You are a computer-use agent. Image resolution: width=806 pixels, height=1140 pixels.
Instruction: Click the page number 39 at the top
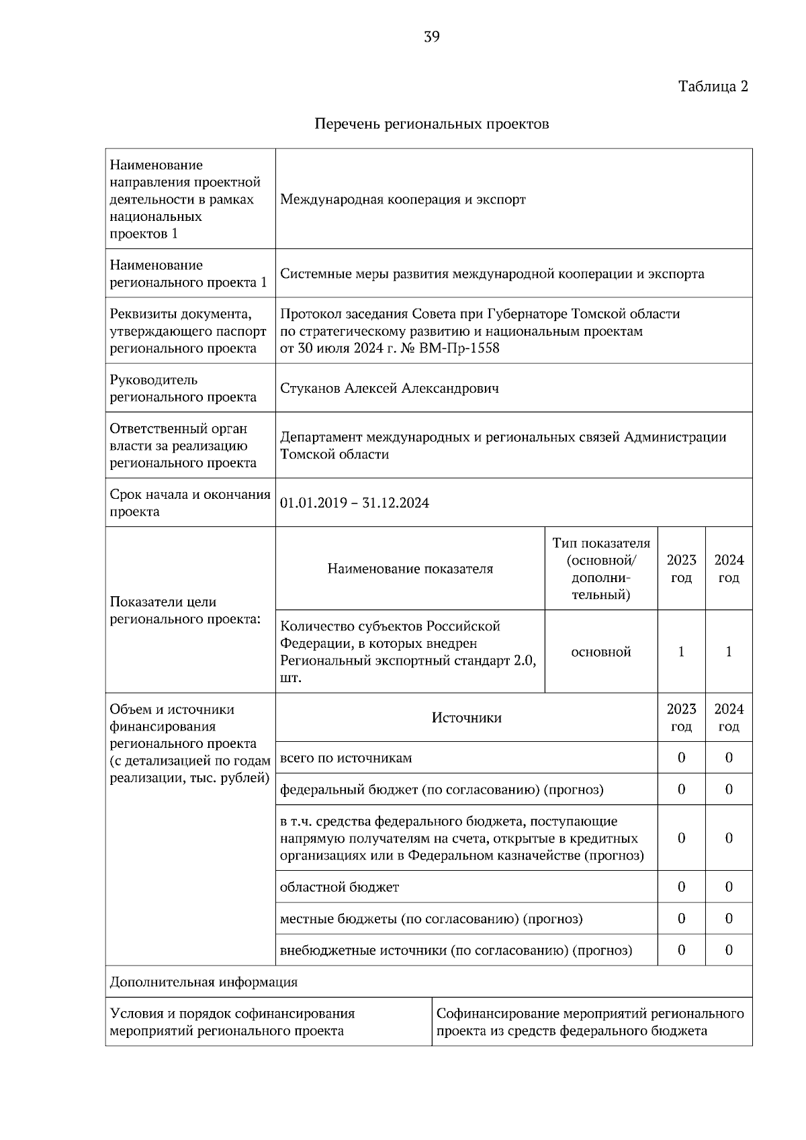(x=432, y=37)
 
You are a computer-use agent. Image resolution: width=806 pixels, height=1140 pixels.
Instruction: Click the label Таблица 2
(x=713, y=87)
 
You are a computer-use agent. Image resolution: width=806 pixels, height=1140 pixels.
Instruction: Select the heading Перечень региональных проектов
(x=432, y=124)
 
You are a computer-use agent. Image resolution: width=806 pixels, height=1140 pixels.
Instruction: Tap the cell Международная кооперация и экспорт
(x=403, y=199)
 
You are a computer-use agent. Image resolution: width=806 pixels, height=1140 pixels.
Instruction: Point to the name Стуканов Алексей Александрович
(x=390, y=389)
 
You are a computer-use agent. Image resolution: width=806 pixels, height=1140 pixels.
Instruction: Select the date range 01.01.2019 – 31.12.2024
(x=355, y=504)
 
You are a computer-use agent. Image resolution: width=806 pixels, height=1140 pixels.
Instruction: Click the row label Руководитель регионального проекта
(x=183, y=389)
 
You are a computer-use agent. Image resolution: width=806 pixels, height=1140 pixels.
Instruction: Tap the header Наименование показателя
(x=410, y=569)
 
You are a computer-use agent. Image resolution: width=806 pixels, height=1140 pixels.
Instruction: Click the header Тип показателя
(x=601, y=543)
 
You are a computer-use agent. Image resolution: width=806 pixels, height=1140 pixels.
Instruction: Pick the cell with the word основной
(x=601, y=652)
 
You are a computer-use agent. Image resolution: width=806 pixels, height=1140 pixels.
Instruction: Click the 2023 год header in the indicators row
(x=681, y=569)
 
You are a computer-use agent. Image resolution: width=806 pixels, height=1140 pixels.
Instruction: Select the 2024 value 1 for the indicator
(x=729, y=652)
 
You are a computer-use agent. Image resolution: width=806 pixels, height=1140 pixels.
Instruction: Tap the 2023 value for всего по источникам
(x=681, y=758)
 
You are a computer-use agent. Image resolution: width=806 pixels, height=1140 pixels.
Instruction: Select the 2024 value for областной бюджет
(x=729, y=888)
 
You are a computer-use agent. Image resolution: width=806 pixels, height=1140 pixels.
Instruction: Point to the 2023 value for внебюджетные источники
(x=681, y=951)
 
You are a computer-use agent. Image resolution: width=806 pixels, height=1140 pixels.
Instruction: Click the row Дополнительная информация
(x=204, y=983)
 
